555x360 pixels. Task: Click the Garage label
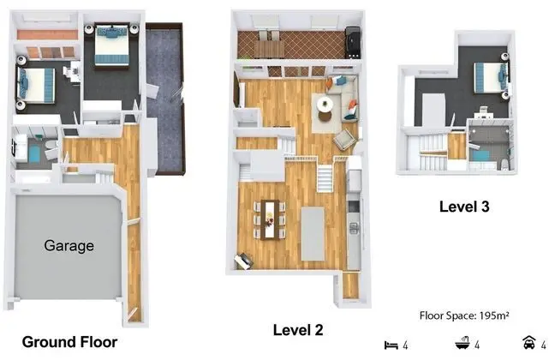(69, 246)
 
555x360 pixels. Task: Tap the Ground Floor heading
(69, 342)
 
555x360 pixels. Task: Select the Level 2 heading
(298, 330)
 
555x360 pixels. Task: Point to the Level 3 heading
(464, 207)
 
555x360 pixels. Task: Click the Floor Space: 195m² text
(464, 315)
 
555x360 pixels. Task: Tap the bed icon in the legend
(391, 345)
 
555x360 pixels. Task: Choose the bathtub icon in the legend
(462, 343)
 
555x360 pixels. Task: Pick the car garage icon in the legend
(529, 342)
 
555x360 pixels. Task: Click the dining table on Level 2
(270, 219)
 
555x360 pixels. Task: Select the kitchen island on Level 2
(313, 234)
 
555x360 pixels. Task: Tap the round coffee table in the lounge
(325, 105)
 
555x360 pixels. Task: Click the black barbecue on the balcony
(353, 43)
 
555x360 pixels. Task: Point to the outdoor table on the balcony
(269, 49)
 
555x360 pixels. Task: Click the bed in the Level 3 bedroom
(490, 78)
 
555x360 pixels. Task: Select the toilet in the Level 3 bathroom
(504, 165)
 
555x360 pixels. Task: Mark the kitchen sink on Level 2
(354, 227)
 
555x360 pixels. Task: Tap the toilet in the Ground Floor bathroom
(51, 145)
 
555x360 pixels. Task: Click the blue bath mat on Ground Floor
(34, 154)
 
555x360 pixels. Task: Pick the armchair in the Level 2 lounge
(344, 139)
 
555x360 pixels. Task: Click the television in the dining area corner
(243, 261)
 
